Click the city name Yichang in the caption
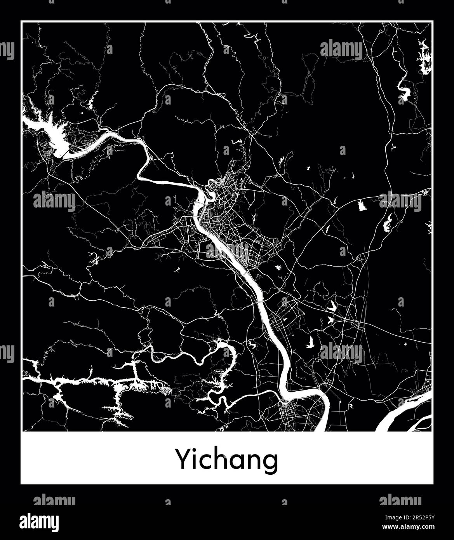tap(228, 460)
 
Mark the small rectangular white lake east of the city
tap(363, 206)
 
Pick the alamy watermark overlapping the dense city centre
tap(227, 251)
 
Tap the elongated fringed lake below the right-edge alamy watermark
tap(388, 223)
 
